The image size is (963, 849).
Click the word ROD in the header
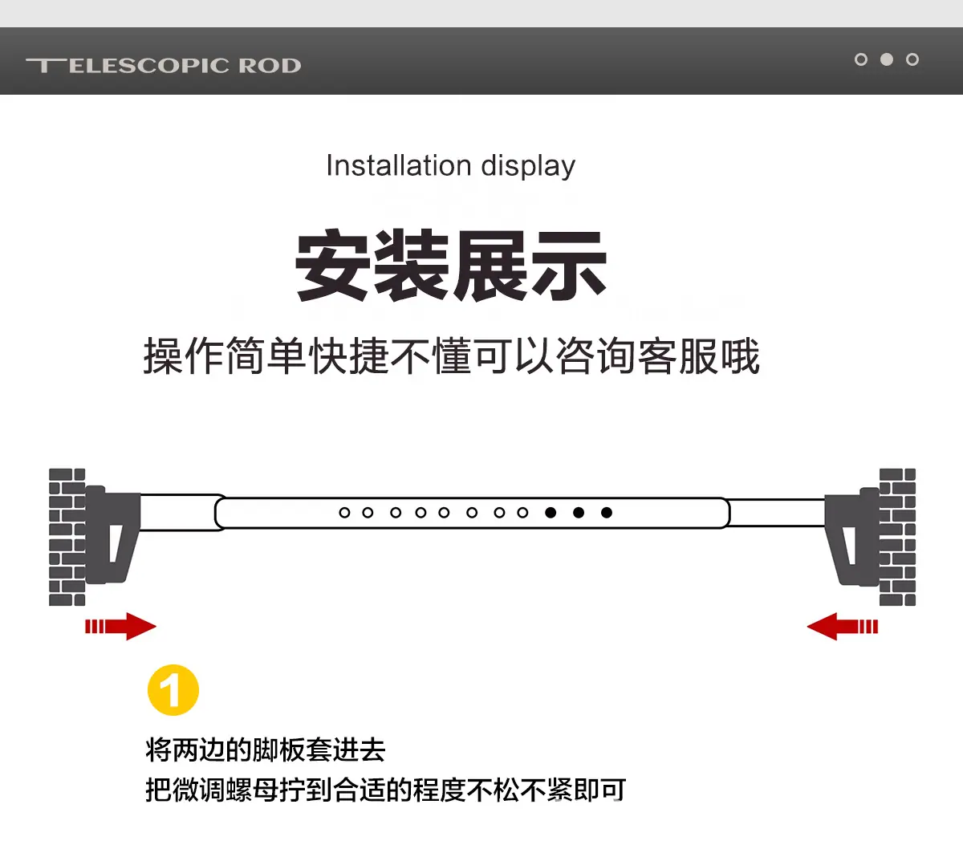[x=270, y=66]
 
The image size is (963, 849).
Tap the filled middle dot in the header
[x=887, y=59]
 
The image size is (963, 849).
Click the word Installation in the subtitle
[x=399, y=165]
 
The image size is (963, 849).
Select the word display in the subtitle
[x=528, y=166]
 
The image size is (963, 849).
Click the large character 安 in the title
[x=333, y=265]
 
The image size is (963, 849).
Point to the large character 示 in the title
[x=568, y=265]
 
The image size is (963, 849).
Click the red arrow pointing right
[x=120, y=626]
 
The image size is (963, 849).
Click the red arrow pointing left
[x=843, y=626]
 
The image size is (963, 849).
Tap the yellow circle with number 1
[x=173, y=690]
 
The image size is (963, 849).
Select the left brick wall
[x=67, y=537]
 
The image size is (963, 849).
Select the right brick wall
[x=897, y=537]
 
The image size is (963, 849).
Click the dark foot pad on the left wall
[x=112, y=534]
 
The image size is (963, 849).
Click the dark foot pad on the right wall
[x=851, y=536]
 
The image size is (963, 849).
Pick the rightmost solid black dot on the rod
[x=607, y=513]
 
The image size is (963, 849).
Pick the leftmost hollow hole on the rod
[x=344, y=513]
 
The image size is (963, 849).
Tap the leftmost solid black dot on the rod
[x=551, y=513]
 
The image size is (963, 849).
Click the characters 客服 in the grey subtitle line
[x=678, y=356]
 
